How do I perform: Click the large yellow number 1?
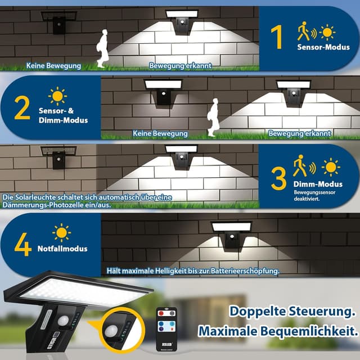tap(276, 36)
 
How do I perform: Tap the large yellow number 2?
tap(22, 108)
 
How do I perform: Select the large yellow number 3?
tap(278, 178)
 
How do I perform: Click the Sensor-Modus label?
tap(323, 47)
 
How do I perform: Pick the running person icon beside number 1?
tap(304, 31)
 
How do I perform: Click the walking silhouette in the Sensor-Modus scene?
tap(101, 48)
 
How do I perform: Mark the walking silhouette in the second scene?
tap(213, 118)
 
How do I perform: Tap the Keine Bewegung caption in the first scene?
tap(53, 66)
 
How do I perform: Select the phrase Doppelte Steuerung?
tap(292, 311)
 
